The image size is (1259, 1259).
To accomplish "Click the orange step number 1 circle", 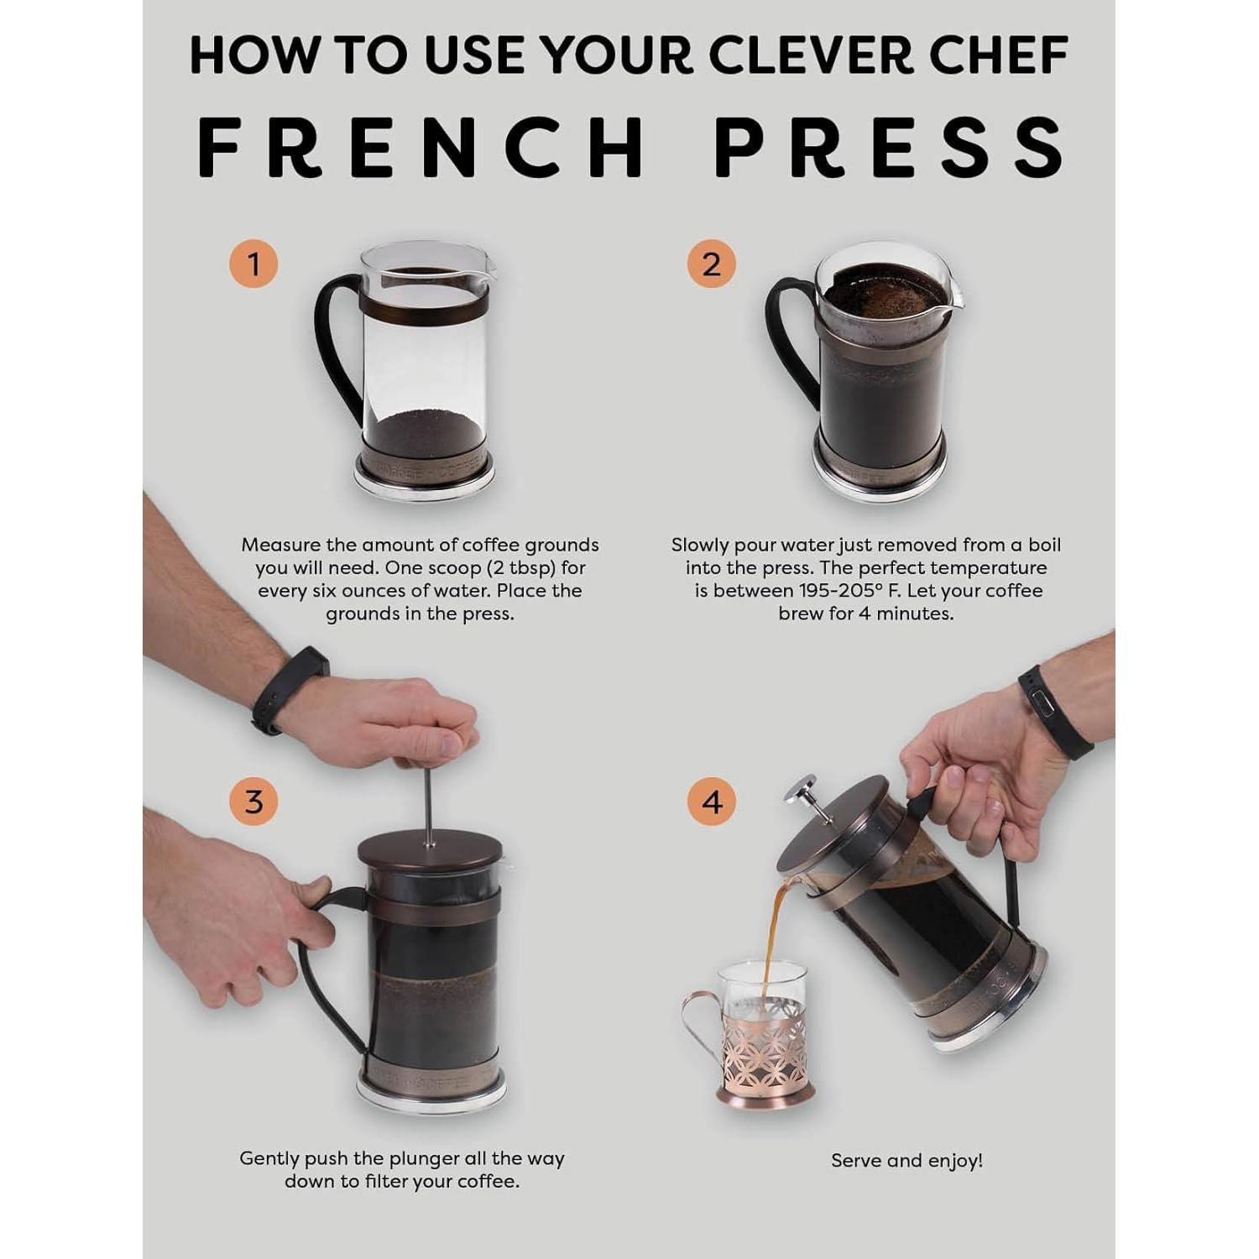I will [x=253, y=264].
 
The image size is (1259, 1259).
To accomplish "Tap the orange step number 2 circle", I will [x=711, y=264].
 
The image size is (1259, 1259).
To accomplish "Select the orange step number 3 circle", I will [x=253, y=802].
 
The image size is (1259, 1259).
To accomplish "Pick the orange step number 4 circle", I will [x=711, y=802].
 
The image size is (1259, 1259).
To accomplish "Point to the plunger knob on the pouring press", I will [x=802, y=790].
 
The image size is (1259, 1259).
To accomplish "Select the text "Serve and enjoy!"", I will [x=906, y=1161].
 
